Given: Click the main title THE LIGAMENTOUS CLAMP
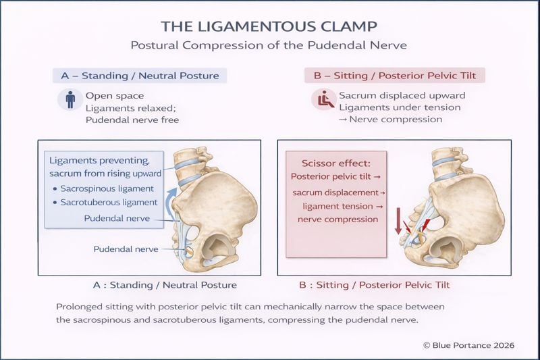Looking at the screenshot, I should (x=271, y=26).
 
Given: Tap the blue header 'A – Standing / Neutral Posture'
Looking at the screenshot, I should (x=140, y=75).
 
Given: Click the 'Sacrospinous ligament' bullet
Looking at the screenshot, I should (x=106, y=188).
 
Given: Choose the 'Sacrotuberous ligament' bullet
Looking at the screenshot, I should (x=108, y=202).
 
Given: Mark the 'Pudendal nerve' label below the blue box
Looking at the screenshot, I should (x=126, y=249).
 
